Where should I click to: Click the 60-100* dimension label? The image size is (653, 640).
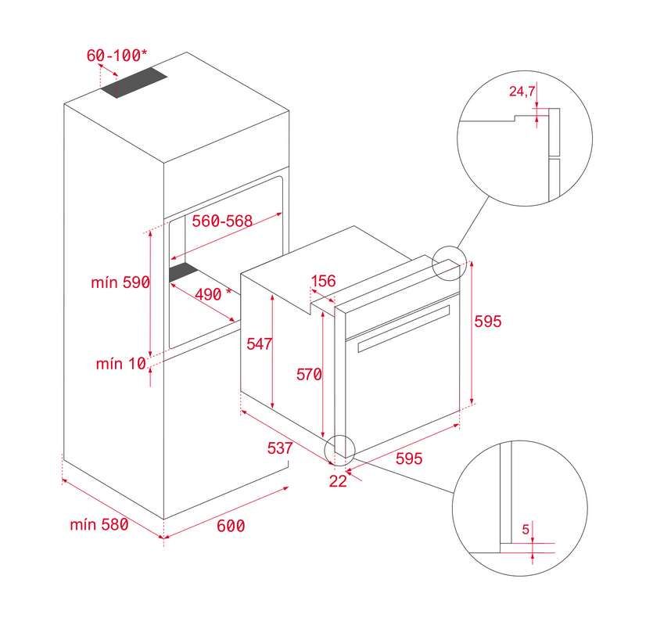click(117, 55)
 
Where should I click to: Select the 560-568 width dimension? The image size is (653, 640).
click(222, 221)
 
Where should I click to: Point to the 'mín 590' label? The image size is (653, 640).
click(120, 282)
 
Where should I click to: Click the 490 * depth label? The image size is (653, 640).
click(213, 294)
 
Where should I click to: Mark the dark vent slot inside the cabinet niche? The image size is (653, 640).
click(183, 272)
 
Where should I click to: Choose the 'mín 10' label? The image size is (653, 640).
click(121, 364)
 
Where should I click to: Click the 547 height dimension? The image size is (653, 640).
click(259, 343)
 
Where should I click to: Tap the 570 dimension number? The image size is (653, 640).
click(309, 374)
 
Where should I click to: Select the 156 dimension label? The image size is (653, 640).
click(324, 281)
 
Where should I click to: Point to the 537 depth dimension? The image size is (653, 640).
click(280, 448)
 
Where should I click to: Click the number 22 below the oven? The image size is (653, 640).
click(338, 481)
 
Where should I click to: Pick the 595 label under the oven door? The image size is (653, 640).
click(409, 458)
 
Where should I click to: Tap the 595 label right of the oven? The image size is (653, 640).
click(488, 322)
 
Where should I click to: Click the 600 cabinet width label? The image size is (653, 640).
click(231, 526)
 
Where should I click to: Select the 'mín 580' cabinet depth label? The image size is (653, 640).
click(99, 524)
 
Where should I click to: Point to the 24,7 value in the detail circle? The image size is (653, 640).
click(522, 92)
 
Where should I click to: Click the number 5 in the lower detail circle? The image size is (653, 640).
click(526, 529)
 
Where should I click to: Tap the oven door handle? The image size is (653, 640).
click(404, 329)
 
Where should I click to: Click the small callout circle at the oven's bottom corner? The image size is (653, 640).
click(339, 451)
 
